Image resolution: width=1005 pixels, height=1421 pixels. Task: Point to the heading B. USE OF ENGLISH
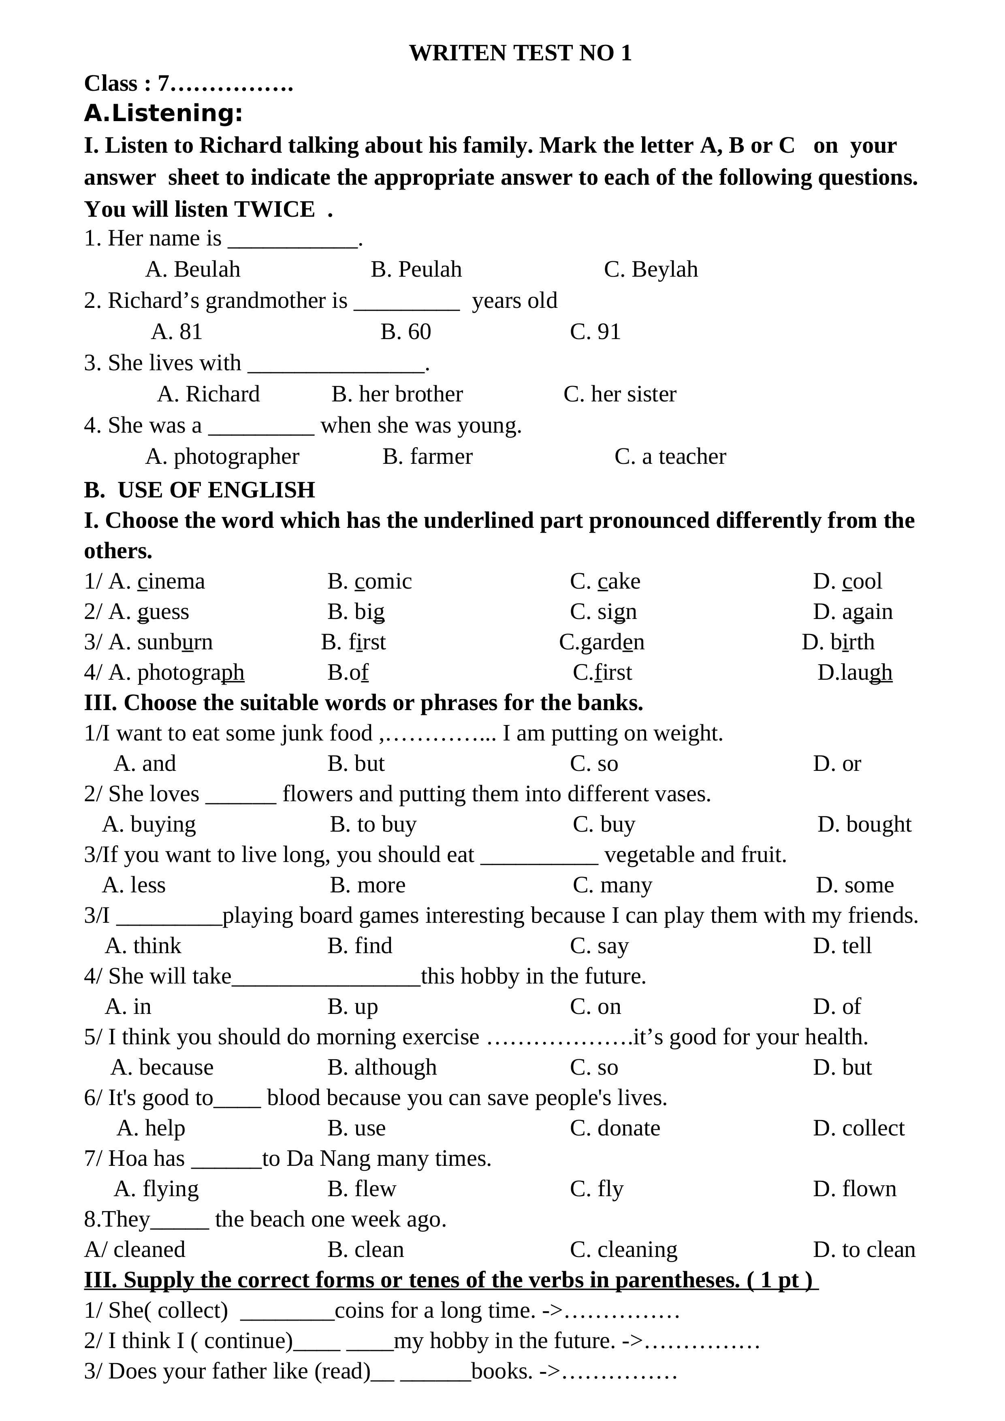point(199,490)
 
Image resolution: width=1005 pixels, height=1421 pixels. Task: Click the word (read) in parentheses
point(342,1371)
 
